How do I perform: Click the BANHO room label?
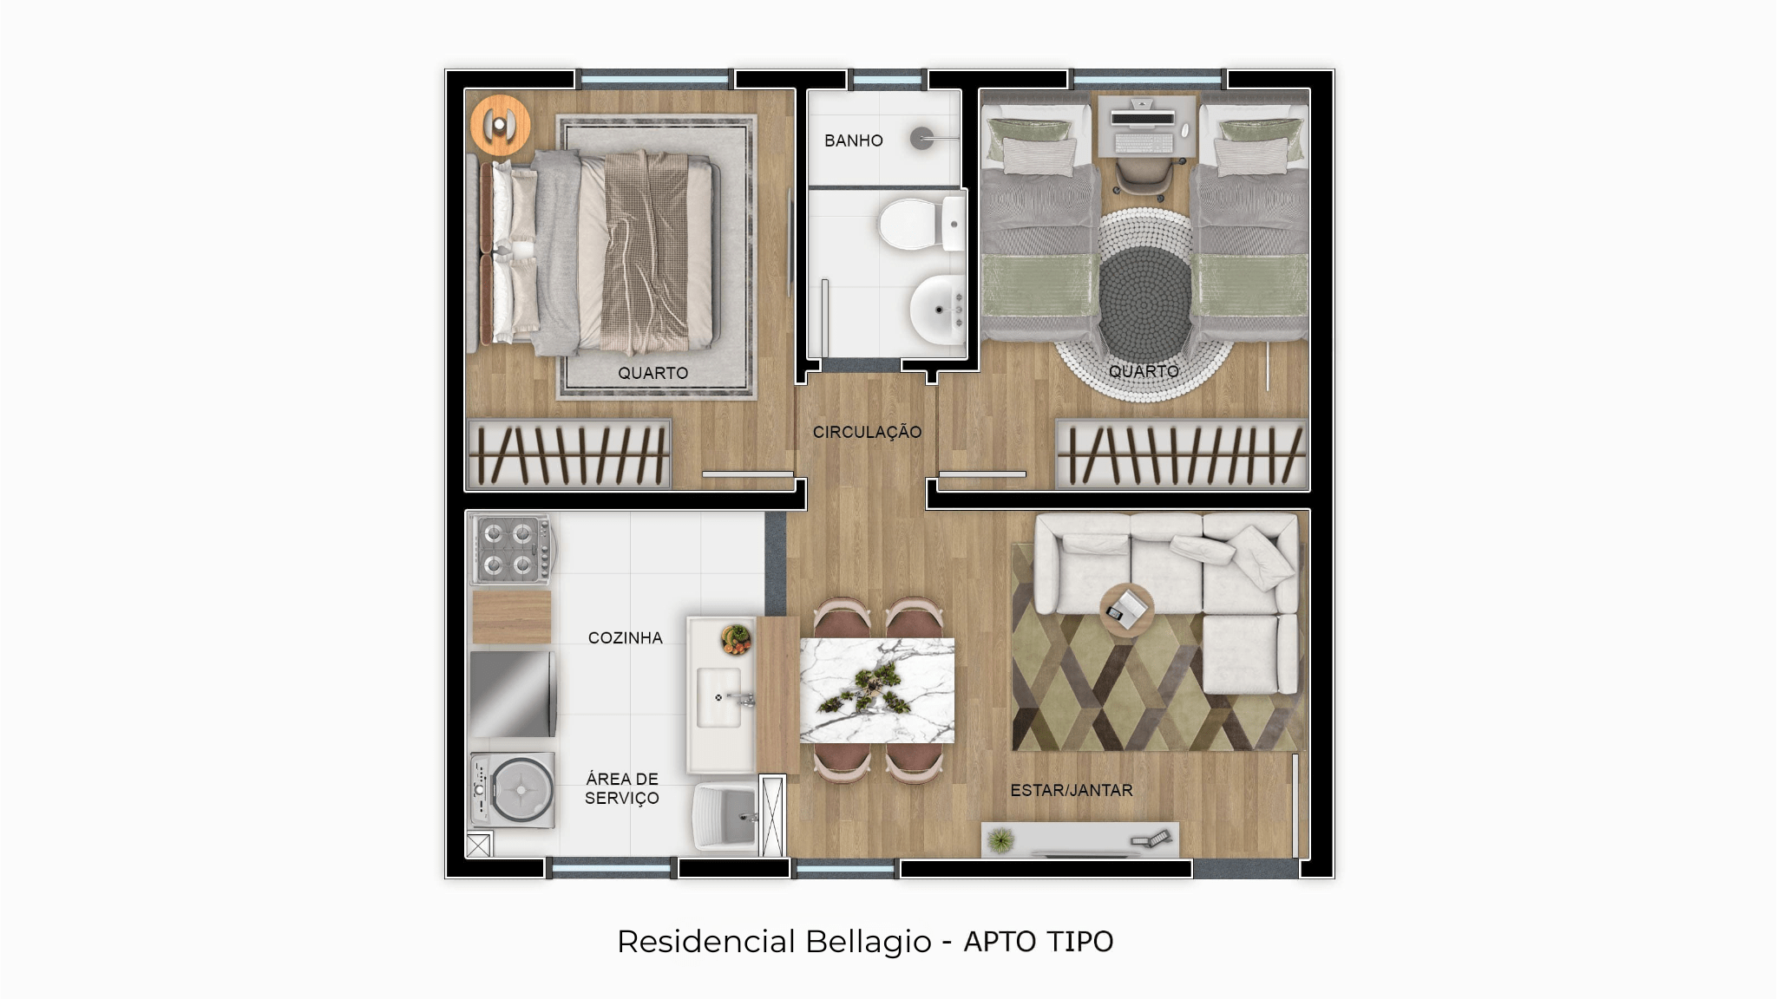point(853,140)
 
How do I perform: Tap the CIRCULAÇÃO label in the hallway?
point(867,432)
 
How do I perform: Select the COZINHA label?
point(625,637)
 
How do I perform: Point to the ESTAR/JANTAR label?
point(1072,790)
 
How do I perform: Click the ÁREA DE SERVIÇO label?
point(622,788)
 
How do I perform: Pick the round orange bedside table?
point(500,125)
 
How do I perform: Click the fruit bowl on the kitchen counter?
point(736,639)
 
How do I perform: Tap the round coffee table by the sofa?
point(1126,610)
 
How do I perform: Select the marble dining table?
point(876,690)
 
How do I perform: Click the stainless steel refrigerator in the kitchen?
point(512,694)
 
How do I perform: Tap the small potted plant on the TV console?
point(1001,839)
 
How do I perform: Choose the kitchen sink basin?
point(719,697)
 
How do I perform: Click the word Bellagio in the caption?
point(868,942)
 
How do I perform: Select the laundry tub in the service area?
point(725,817)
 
